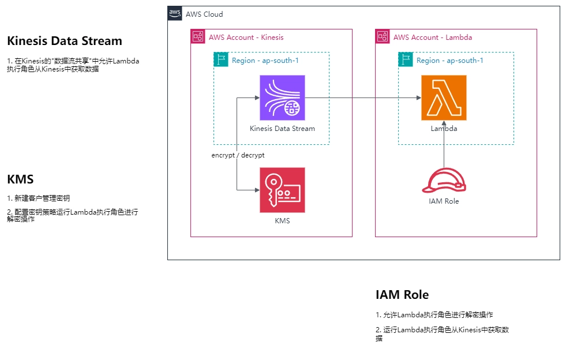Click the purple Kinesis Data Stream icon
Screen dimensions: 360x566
tap(282, 98)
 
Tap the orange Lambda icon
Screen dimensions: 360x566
tap(444, 98)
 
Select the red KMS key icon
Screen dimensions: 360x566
tap(282, 190)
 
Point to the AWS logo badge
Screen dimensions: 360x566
tap(175, 13)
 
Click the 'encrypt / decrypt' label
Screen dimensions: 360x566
tap(238, 155)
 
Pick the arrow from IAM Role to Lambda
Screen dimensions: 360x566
tap(444, 144)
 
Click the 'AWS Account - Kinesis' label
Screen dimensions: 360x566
tap(246, 37)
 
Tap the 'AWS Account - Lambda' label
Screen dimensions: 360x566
tap(432, 37)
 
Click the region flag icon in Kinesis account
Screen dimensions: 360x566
tap(221, 59)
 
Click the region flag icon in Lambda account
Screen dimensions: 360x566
tap(406, 59)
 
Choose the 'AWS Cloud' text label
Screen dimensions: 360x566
tap(204, 14)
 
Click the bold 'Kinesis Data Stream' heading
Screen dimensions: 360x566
tap(65, 41)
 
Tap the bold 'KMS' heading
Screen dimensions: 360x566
tap(20, 179)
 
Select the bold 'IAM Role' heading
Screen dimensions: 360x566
tap(402, 295)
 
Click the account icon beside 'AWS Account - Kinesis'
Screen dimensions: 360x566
tap(198, 37)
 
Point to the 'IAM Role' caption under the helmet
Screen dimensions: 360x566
tap(444, 201)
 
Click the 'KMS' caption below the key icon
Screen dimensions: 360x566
tap(282, 221)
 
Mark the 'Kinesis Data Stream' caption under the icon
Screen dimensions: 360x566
tap(282, 129)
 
